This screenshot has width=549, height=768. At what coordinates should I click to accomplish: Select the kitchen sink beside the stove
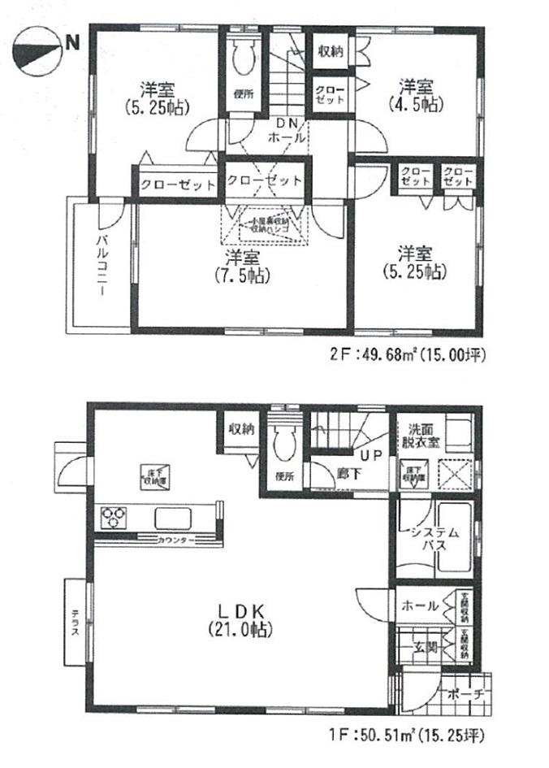pyautogui.click(x=173, y=518)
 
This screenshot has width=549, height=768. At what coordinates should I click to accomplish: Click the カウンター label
pyautogui.click(x=175, y=540)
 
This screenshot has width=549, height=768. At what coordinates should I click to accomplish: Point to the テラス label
pyautogui.click(x=73, y=623)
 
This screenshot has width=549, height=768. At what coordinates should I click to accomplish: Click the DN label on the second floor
pyautogui.click(x=287, y=124)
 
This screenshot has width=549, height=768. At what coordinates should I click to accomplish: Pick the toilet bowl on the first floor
pyautogui.click(x=283, y=443)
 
